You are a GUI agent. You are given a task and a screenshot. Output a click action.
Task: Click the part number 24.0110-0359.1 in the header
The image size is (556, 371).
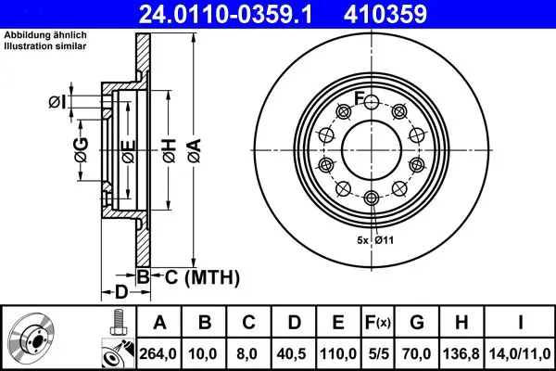click(225, 14)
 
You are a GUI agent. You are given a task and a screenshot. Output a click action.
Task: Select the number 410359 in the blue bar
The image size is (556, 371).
click(385, 14)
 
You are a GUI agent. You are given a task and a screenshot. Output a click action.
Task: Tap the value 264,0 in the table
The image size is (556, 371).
click(158, 353)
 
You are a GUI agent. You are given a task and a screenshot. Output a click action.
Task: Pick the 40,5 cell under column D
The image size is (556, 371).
click(293, 353)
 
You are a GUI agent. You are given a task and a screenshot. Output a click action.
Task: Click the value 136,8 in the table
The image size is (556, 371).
click(461, 353)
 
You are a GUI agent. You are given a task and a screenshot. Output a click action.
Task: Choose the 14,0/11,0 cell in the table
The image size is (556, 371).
click(520, 353)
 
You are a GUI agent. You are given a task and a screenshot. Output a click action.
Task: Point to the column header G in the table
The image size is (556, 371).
click(417, 323)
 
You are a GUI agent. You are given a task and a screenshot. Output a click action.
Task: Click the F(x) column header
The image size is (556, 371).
click(378, 323)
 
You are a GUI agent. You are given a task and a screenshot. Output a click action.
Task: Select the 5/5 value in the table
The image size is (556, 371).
click(378, 353)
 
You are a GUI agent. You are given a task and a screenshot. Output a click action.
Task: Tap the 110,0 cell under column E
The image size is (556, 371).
click(338, 353)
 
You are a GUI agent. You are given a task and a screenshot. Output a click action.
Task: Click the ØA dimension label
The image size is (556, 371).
click(195, 151)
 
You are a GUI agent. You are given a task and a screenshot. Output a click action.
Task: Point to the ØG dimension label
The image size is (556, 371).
click(82, 150)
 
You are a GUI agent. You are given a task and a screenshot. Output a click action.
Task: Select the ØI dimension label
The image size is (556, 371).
click(57, 102)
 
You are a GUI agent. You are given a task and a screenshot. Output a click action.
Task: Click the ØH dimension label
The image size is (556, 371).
click(170, 151)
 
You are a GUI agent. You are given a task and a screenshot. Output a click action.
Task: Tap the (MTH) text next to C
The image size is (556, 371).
click(212, 277)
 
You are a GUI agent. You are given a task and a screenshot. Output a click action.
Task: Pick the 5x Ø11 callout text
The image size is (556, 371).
click(375, 240)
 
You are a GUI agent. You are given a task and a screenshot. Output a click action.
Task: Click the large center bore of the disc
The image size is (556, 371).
click(372, 150)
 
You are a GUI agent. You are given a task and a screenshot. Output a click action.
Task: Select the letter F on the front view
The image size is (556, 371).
click(360, 98)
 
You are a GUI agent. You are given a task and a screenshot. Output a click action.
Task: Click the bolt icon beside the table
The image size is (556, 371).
click(120, 323)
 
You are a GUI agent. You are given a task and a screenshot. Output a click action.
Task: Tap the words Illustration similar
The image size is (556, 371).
click(45, 46)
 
